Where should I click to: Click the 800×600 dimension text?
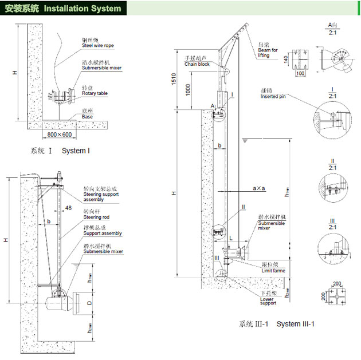coord(60,134)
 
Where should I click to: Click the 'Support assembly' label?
coord(103,234)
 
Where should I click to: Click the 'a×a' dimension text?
coord(259,188)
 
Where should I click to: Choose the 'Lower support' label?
coord(268,302)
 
